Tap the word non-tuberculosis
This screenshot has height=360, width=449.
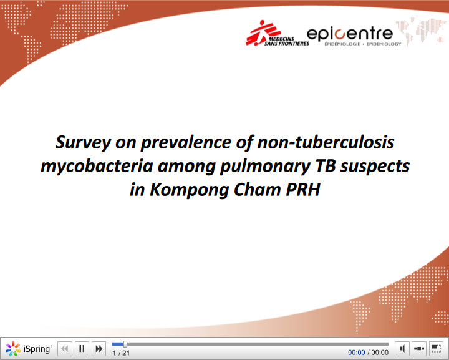(326, 142)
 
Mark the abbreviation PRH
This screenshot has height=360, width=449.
(302, 189)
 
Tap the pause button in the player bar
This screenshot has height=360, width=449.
(82, 349)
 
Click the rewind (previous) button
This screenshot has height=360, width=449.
(65, 349)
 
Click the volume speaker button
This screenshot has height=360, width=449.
(402, 349)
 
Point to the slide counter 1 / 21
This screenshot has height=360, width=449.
(121, 353)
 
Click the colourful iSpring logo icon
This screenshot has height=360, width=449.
(12, 349)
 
